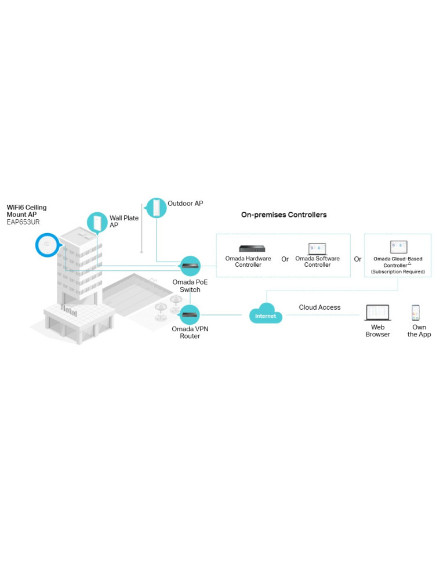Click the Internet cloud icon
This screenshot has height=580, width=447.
click(266, 315)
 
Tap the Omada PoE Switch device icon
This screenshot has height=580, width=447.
click(190, 266)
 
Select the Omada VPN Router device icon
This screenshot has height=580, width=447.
click(190, 315)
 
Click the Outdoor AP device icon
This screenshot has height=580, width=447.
click(156, 208)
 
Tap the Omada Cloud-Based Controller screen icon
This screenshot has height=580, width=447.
click(398, 247)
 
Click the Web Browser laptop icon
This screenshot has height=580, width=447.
click(377, 313)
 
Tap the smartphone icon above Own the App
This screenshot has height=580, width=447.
click(416, 313)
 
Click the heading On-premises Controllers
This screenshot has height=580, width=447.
click(284, 215)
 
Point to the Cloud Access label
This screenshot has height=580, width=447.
click(319, 307)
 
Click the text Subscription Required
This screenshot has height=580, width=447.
click(398, 271)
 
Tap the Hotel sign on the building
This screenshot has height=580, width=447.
click(68, 311)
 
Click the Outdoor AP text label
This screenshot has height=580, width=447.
click(185, 204)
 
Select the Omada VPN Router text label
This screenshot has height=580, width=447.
click(186, 332)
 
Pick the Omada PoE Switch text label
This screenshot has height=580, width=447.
click(186, 285)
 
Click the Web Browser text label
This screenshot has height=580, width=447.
click(377, 331)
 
